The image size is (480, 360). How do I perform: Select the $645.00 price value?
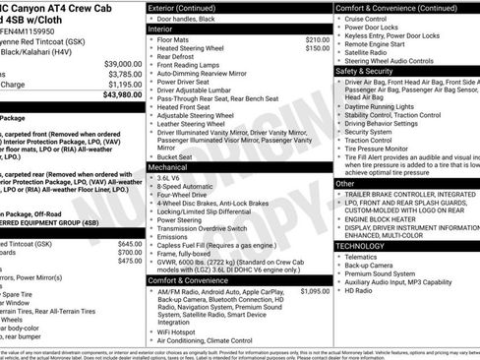130,243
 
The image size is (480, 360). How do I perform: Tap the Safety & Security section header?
364,71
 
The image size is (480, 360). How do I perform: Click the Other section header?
345,183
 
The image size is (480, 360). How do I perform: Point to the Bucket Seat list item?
174,156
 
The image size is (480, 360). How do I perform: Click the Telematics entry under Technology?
361,257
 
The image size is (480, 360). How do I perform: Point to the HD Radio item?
357,291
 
